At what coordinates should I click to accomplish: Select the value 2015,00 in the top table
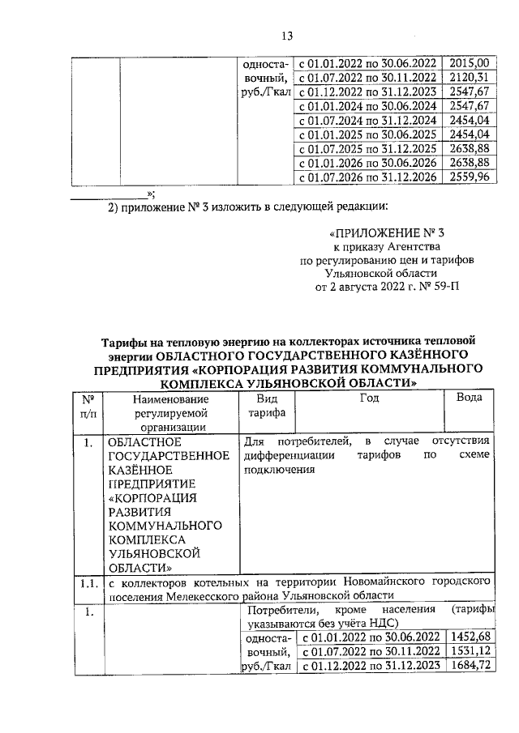pyautogui.click(x=470, y=62)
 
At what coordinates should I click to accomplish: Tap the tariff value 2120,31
pyautogui.click(x=470, y=77)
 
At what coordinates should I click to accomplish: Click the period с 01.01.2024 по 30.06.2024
pyautogui.click(x=368, y=106)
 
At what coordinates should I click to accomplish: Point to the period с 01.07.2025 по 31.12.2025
pyautogui.click(x=368, y=149)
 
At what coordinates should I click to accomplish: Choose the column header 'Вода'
pyautogui.click(x=470, y=398)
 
